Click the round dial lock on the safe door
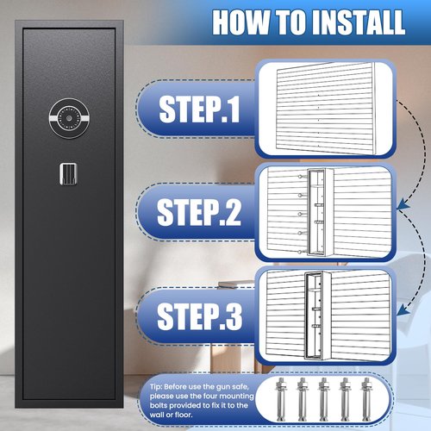69,118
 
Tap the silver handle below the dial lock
68,174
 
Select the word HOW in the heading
240,22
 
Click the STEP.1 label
199,109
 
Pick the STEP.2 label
199,212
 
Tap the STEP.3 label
199,316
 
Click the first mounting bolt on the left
280,399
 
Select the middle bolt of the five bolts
323,399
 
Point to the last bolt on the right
366,399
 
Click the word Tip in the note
156,387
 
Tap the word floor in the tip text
183,415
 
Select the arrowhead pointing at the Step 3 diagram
403,309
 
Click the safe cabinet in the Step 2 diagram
320,212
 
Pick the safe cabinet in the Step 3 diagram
317,315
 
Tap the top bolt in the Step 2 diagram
301,177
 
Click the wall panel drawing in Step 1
326,108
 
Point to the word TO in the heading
290,22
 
